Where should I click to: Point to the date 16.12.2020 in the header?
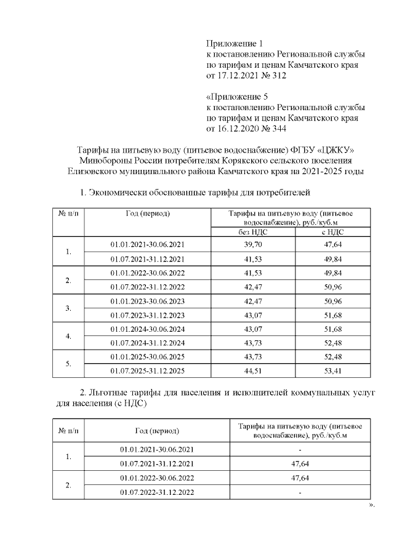point(241,129)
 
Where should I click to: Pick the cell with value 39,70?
point(253,244)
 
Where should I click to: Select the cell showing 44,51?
point(253,371)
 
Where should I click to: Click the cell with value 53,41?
point(332,371)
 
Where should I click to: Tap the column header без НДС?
point(253,231)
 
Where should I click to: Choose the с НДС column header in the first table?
point(332,231)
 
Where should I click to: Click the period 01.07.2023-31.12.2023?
point(148,315)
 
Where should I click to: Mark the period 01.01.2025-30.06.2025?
point(148,357)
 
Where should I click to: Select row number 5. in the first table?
point(68,364)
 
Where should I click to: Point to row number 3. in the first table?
point(68,308)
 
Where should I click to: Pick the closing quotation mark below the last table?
point(371,505)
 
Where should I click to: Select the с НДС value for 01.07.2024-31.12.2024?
point(332,343)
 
